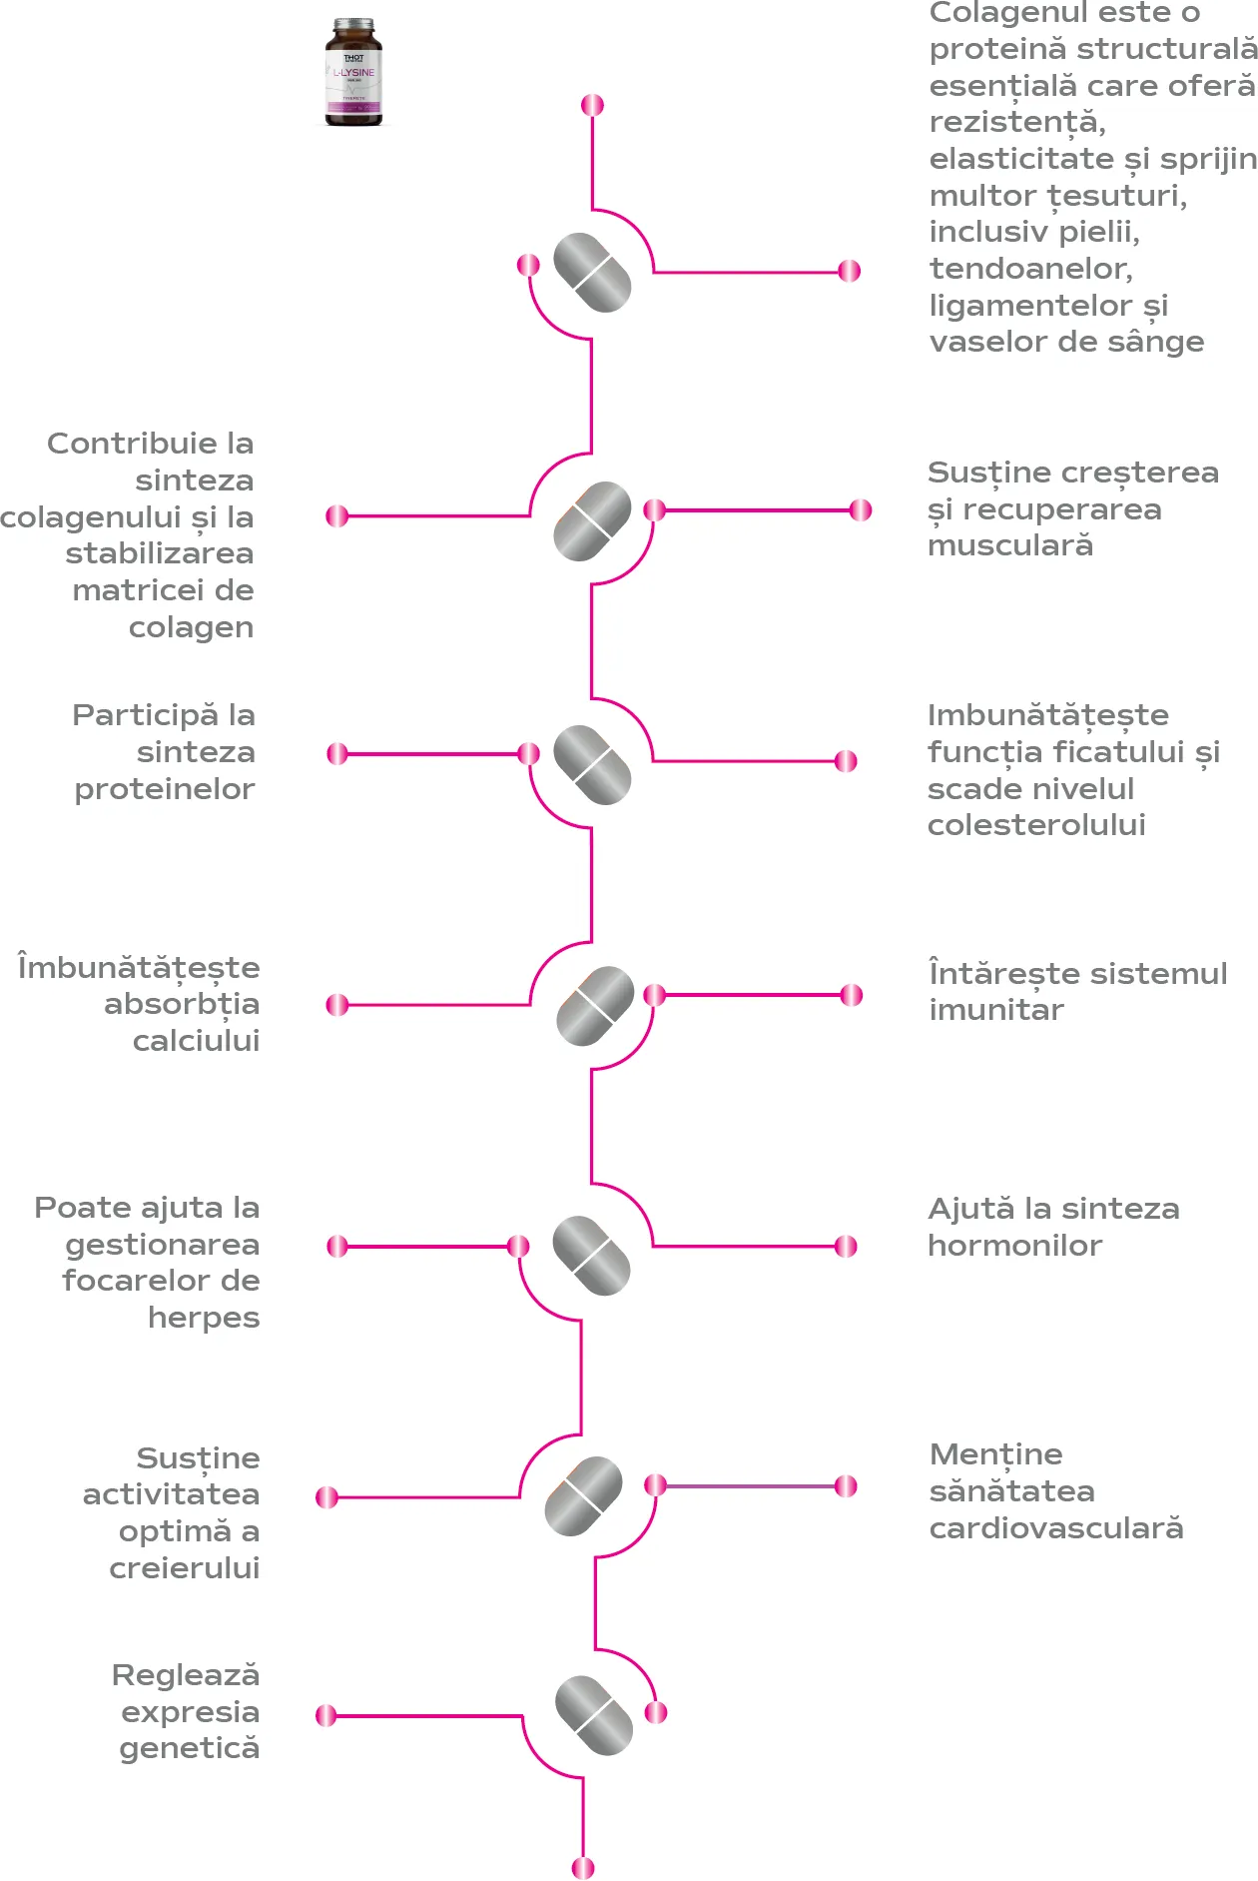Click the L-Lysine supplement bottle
353,72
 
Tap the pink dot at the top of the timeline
592,105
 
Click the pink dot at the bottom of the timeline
583,1867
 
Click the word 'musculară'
1010,545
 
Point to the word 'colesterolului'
1036,825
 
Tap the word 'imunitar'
996,1010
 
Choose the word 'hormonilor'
1014,1246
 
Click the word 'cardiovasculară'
1056,1528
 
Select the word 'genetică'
190,1748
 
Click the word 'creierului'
185,1568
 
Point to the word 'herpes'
204,1318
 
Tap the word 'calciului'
197,1041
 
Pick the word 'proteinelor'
165,789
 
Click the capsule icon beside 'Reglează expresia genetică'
594,1715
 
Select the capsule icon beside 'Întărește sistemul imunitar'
595,1006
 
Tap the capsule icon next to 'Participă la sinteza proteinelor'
592,765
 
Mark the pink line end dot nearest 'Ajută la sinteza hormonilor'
846,1246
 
